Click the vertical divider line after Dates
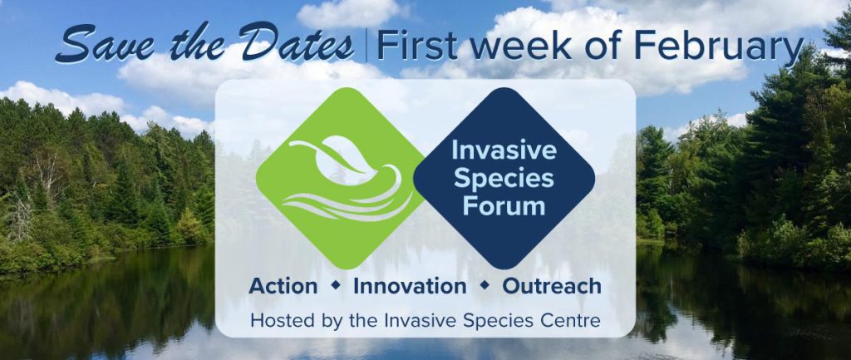pos(366,45)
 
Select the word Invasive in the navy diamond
pos(504,150)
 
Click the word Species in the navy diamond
pos(504,178)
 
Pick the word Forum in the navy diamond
pos(504,206)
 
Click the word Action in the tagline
pos(283,286)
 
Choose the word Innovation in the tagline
pos(410,286)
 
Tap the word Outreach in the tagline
pos(552,286)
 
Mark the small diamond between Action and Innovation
pos(336,284)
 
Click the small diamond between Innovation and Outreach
pos(485,284)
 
